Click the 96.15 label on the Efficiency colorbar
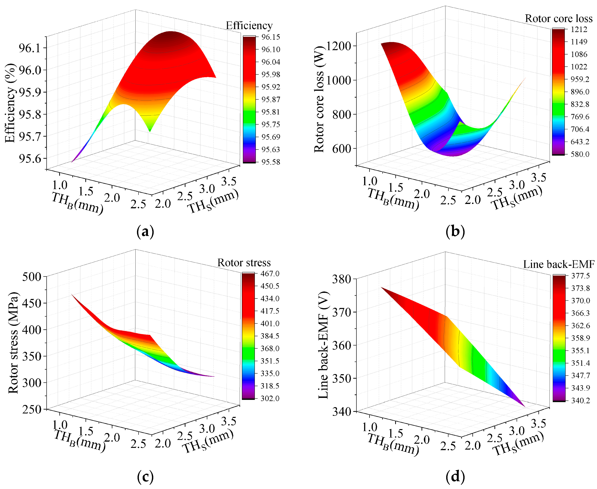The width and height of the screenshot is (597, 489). click(270, 37)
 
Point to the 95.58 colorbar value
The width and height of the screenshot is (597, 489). click(270, 162)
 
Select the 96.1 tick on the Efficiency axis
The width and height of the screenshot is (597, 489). click(29, 48)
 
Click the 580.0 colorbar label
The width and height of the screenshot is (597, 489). click(580, 154)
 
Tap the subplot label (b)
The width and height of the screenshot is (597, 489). click(455, 232)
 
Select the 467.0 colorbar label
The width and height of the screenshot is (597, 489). click(270, 273)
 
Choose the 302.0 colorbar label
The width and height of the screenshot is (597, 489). click(270, 398)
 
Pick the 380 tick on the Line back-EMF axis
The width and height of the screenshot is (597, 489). click(341, 279)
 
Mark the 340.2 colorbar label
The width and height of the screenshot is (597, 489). click(580, 400)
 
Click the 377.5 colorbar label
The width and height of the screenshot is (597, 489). click(580, 276)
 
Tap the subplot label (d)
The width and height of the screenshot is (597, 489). click(455, 477)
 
